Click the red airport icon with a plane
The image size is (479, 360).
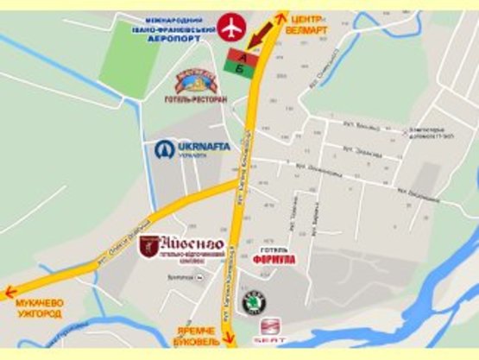230,27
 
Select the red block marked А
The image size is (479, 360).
243,55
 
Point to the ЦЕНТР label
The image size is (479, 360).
308,18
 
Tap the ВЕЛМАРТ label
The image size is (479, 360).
310,28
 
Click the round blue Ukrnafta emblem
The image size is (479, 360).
165,149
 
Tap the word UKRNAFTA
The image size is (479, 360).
204,147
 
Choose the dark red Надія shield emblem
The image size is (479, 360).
148,246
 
